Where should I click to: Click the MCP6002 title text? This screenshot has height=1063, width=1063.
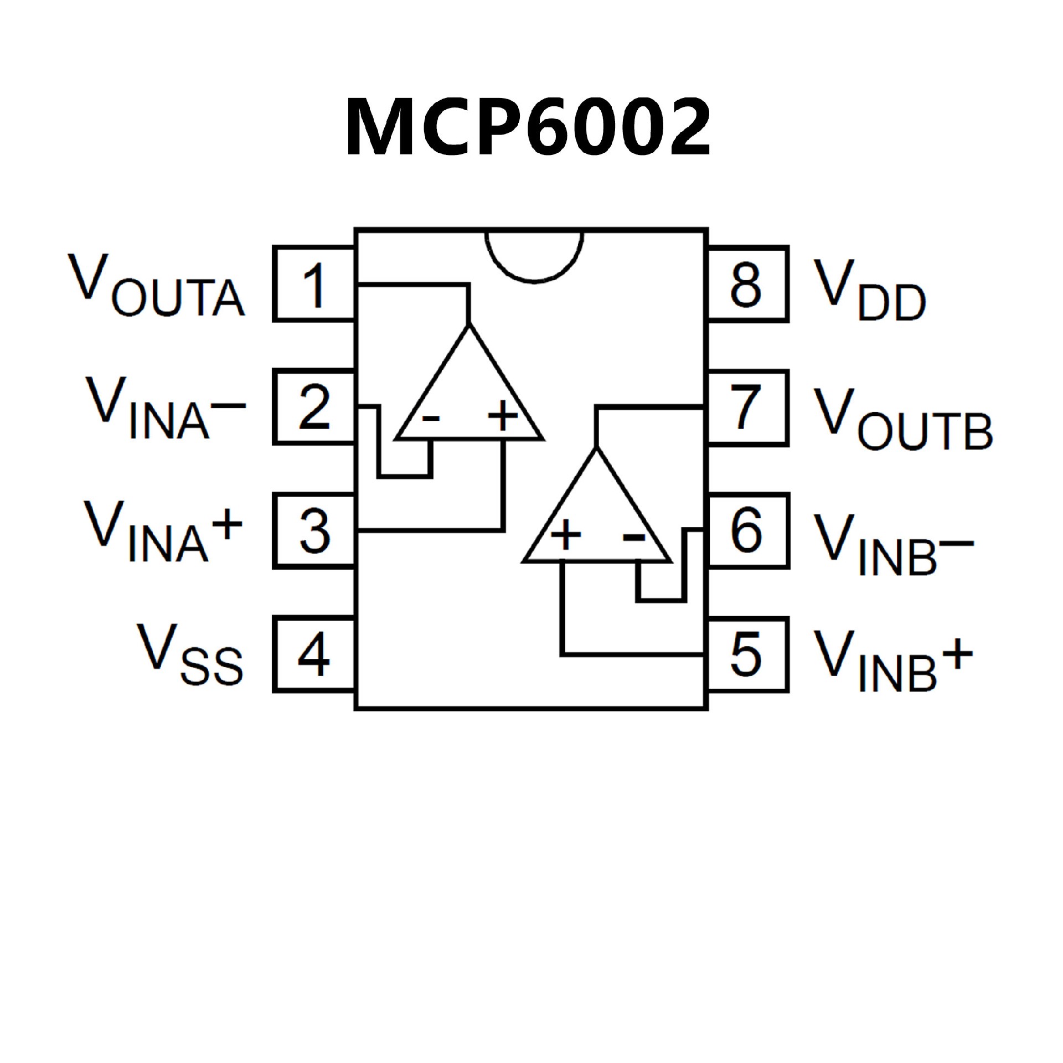(528, 127)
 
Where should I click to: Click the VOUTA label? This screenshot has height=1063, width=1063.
(156, 286)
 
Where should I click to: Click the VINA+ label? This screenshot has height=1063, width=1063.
(164, 531)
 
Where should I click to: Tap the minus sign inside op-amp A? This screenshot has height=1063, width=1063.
(430, 418)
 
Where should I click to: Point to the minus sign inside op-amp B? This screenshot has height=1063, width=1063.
(634, 536)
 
